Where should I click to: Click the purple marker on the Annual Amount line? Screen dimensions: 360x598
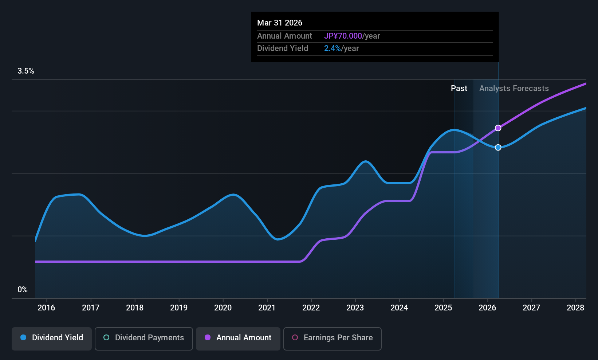[x=498, y=128]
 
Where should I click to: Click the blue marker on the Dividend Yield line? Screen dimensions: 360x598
[x=498, y=147]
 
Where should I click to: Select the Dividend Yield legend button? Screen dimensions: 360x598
[x=52, y=338]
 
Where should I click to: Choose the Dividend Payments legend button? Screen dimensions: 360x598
[x=143, y=338]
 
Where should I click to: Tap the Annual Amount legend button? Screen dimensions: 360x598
[x=238, y=338]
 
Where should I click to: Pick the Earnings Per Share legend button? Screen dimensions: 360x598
[x=332, y=338]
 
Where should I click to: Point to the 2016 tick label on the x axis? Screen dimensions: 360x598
[x=46, y=308]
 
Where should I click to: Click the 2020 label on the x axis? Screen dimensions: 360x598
[x=223, y=308]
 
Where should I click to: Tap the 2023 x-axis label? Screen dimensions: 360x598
[x=355, y=308]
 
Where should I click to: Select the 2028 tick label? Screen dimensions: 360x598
[x=575, y=308]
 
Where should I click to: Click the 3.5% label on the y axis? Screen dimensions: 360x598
[x=26, y=71]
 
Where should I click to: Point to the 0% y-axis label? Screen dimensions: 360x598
[x=23, y=290]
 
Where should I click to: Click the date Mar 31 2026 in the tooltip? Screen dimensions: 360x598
[x=280, y=23]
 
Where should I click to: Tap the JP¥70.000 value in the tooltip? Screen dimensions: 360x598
[x=343, y=36]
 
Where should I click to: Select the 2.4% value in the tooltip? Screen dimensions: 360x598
[x=333, y=48]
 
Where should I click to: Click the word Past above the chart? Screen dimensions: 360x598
[x=459, y=89]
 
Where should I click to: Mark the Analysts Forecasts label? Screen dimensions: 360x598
[x=514, y=89]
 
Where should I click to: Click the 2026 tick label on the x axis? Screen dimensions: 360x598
[x=487, y=308]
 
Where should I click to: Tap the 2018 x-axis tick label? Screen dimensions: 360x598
[x=135, y=308]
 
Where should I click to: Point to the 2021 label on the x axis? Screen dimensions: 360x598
[x=267, y=308]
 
